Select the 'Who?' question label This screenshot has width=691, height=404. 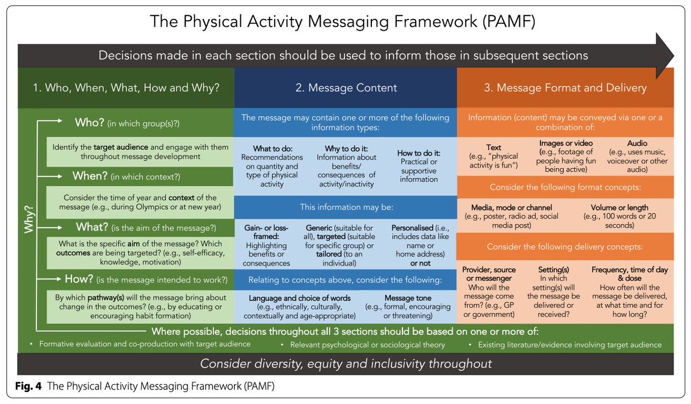point(90,122)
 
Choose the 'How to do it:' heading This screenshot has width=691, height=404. point(419,153)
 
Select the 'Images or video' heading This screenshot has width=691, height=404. point(566,143)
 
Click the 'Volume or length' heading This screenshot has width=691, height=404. point(619,207)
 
